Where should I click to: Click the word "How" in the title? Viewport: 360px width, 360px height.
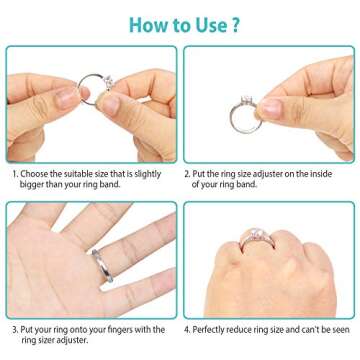tap(129, 22)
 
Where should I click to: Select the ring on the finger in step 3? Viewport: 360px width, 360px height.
tap(101, 266)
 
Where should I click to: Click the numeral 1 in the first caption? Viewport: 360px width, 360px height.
tap(14, 173)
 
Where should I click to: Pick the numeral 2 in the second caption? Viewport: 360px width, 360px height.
tap(187, 173)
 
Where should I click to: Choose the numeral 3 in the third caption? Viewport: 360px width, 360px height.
tap(14, 328)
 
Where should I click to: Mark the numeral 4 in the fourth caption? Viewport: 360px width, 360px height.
tap(187, 328)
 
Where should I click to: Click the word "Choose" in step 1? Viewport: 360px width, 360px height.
tap(37, 173)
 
